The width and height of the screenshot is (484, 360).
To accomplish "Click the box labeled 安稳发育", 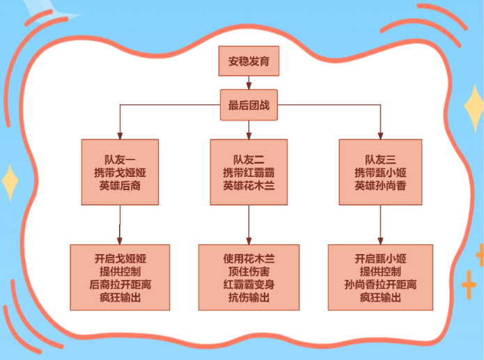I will click(x=249, y=62).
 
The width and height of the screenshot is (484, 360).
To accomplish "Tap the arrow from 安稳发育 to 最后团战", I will click(x=249, y=83).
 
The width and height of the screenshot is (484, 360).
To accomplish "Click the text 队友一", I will click(x=120, y=159).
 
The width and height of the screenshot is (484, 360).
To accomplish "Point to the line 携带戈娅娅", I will click(x=120, y=172).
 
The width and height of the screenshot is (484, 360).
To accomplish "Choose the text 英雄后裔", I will click(x=120, y=185).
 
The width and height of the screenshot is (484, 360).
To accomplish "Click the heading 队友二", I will click(x=249, y=159).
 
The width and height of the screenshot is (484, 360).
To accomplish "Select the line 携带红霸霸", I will click(x=249, y=172).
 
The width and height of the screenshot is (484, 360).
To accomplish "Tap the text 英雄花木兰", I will click(x=249, y=185).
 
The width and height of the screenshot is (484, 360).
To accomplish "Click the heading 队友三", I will click(x=380, y=159).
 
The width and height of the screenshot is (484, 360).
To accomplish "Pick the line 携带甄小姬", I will click(x=380, y=172).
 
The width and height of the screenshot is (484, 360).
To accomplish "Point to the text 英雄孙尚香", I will click(x=380, y=185).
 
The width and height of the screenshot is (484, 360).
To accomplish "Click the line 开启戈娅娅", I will click(x=120, y=258).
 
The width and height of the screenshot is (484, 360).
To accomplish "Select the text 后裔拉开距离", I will click(x=120, y=285).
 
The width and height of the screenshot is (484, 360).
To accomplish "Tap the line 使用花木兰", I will click(x=249, y=258).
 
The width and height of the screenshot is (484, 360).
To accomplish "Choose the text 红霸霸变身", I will click(x=249, y=285).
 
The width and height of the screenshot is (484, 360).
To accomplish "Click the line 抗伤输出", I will click(x=249, y=298).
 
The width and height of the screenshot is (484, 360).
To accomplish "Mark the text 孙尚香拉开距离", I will click(x=380, y=285).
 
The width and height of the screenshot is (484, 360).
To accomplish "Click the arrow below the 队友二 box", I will click(x=249, y=224).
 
